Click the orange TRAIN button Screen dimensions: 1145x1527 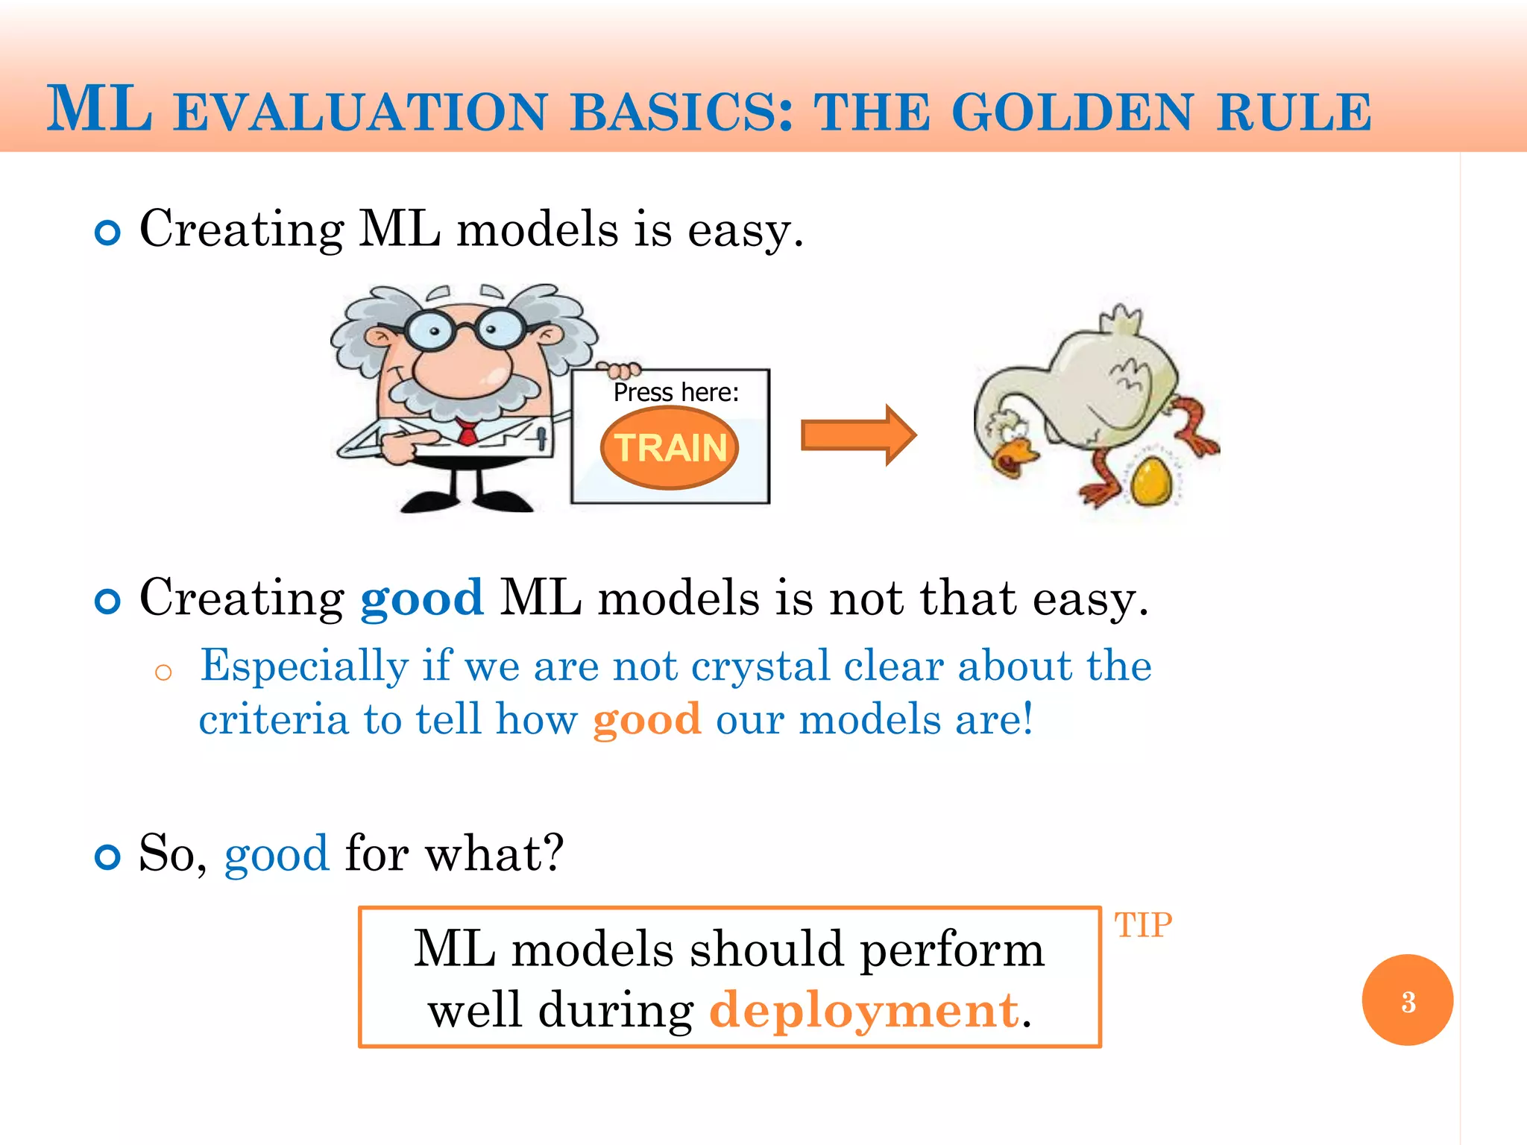tap(670, 448)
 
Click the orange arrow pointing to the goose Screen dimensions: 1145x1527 tap(857, 435)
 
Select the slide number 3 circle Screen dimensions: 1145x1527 tap(1407, 1000)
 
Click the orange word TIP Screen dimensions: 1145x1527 tap(1142, 926)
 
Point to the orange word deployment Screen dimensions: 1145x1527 tap(863, 1011)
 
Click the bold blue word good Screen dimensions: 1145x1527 tap(421, 598)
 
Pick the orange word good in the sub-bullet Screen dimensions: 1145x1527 tap(646, 720)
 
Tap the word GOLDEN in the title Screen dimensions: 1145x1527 tap(1072, 113)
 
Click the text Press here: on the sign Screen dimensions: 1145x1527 tap(676, 392)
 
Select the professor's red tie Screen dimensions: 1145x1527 tap(467, 432)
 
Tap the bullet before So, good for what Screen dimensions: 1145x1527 tap(108, 857)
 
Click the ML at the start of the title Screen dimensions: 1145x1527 tap(99, 110)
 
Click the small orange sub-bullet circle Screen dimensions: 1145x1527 tap(163, 673)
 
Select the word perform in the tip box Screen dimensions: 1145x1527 tap(951, 950)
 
